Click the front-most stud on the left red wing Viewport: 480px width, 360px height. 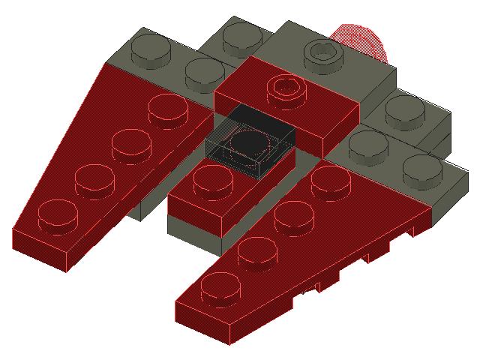click(58, 213)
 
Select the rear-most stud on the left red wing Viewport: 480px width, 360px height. click(168, 109)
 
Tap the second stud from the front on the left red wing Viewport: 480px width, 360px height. click(95, 178)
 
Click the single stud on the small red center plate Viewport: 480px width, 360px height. click(211, 180)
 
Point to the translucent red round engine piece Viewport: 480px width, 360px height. click(365, 41)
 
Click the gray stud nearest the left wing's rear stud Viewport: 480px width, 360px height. click(204, 73)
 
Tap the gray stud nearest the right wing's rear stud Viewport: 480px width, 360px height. click(368, 143)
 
